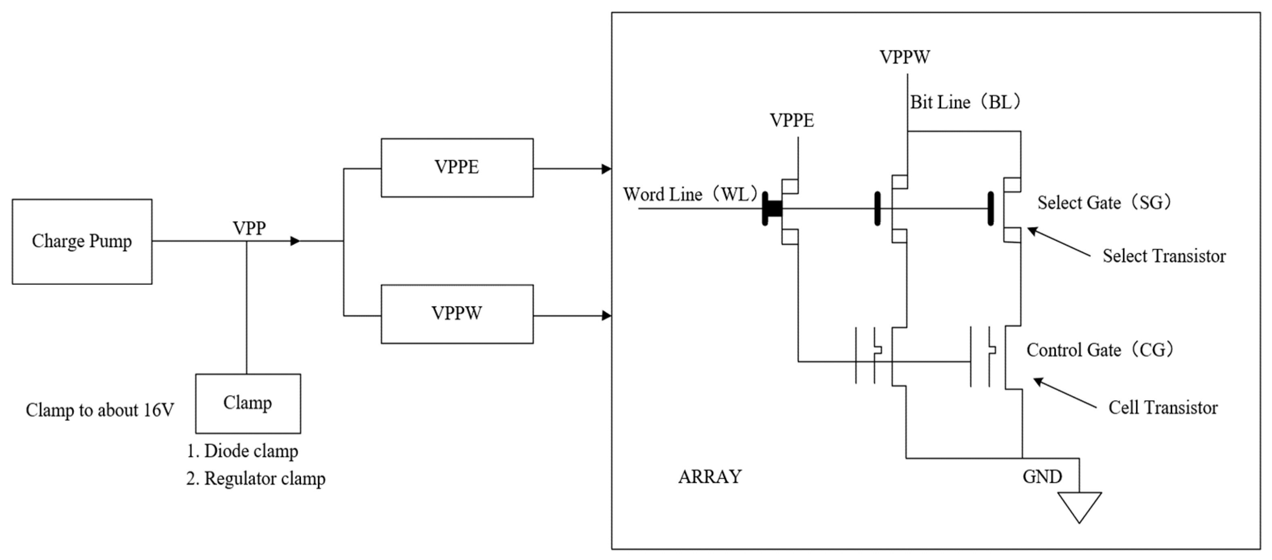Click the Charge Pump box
(x=82, y=241)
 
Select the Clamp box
(x=248, y=403)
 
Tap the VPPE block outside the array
(x=457, y=168)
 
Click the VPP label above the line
(x=249, y=228)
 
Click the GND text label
(x=1042, y=477)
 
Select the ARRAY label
(x=710, y=477)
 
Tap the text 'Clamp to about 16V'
(x=100, y=410)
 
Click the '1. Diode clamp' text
(x=242, y=451)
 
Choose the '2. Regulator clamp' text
(x=256, y=478)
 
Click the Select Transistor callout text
(x=1164, y=256)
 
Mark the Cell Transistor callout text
(x=1163, y=408)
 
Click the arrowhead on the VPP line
(x=295, y=241)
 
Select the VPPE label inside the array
(x=792, y=121)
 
